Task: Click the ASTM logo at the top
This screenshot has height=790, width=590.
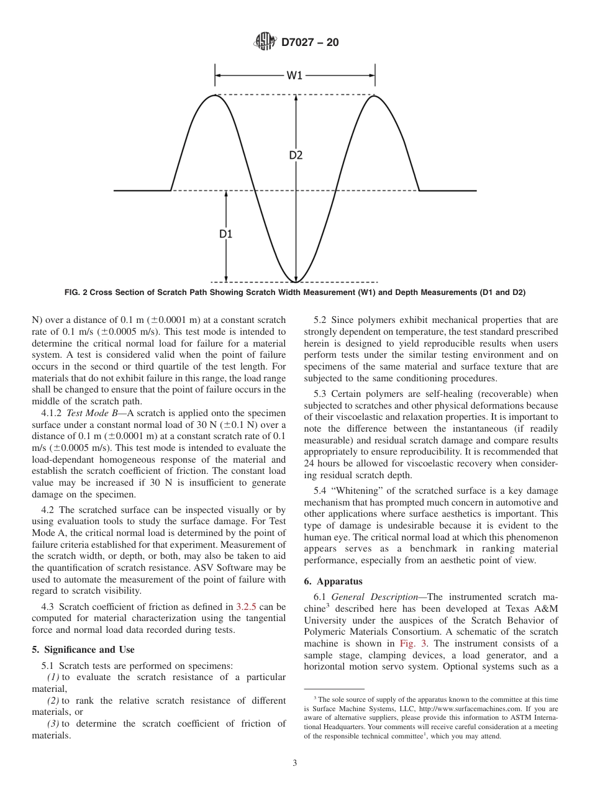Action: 265,43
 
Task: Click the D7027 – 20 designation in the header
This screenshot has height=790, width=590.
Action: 311,43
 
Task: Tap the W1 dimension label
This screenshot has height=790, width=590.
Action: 294,76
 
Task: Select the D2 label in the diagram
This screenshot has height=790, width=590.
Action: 296,155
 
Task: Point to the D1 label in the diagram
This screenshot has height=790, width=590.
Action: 225,234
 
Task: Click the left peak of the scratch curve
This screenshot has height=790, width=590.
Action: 216,96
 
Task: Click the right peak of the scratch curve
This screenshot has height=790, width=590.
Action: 374,96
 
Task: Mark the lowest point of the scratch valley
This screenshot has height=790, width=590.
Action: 296,281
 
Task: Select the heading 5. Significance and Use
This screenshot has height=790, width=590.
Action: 83,650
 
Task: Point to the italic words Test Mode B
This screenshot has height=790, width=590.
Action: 93,413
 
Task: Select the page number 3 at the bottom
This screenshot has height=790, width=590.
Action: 295,764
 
